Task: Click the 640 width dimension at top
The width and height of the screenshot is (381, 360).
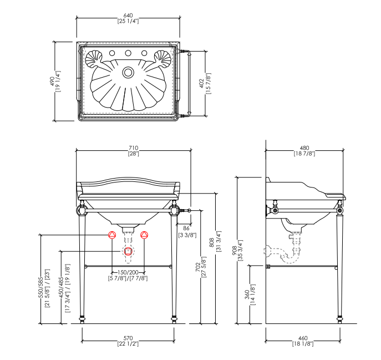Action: pos(128,15)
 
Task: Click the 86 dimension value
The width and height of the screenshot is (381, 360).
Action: pos(186,229)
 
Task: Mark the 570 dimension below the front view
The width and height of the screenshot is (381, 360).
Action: pos(128,338)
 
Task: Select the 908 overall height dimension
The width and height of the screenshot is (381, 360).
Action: pos(234,251)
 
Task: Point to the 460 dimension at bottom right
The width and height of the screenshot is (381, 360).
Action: pos(303,338)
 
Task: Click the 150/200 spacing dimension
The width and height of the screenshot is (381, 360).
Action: pos(128,272)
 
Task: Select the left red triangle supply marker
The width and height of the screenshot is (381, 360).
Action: pos(111,235)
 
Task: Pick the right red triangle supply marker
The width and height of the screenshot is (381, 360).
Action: pos(145,235)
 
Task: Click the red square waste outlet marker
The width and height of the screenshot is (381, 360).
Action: pos(128,251)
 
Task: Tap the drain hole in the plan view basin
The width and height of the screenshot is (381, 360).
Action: pos(128,72)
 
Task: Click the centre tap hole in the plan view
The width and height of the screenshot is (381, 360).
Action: pos(128,54)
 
